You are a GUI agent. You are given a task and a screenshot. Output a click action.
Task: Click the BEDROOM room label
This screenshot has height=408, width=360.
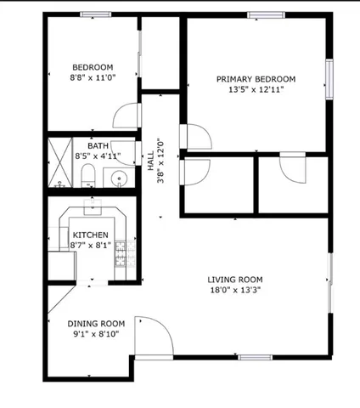coord(93,67)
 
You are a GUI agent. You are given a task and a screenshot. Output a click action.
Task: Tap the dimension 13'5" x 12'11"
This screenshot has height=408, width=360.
coord(256,88)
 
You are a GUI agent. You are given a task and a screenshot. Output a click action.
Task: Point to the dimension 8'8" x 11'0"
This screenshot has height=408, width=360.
coord(93,77)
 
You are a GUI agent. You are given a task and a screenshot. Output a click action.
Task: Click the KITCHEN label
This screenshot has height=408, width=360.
coord(90,235)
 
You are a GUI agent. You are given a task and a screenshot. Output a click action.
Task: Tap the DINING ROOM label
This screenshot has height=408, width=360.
coord(96,323)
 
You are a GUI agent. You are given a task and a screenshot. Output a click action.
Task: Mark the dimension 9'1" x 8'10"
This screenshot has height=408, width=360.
coord(96,333)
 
